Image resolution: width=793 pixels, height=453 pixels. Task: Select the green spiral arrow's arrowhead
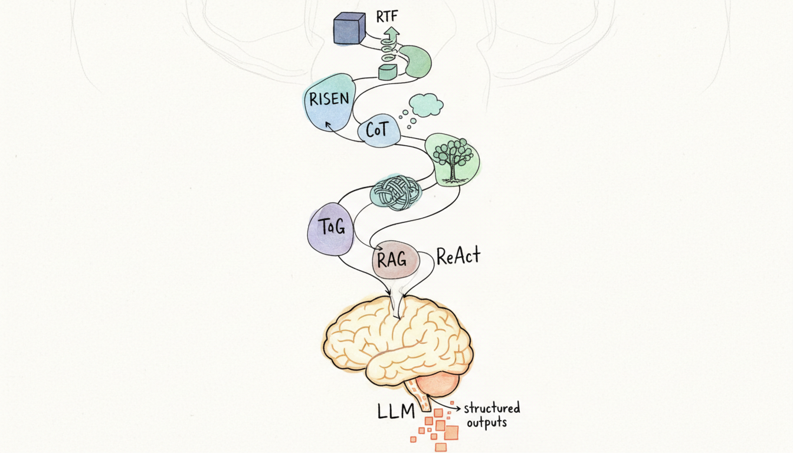point(388,34)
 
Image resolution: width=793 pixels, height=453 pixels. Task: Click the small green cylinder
point(387,73)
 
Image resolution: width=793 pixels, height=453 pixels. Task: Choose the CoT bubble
point(377,130)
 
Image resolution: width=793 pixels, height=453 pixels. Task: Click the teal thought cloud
point(426,105)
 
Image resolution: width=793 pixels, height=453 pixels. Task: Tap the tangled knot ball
point(395,192)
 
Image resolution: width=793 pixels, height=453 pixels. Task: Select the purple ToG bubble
point(330,228)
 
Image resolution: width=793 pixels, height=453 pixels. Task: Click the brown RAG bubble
point(394,260)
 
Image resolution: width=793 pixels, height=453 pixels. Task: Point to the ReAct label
point(458,256)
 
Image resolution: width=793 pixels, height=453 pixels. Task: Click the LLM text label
point(397,411)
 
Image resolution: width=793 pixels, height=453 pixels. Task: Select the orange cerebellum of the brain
point(437,385)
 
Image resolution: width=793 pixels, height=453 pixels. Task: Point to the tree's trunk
point(453,172)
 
